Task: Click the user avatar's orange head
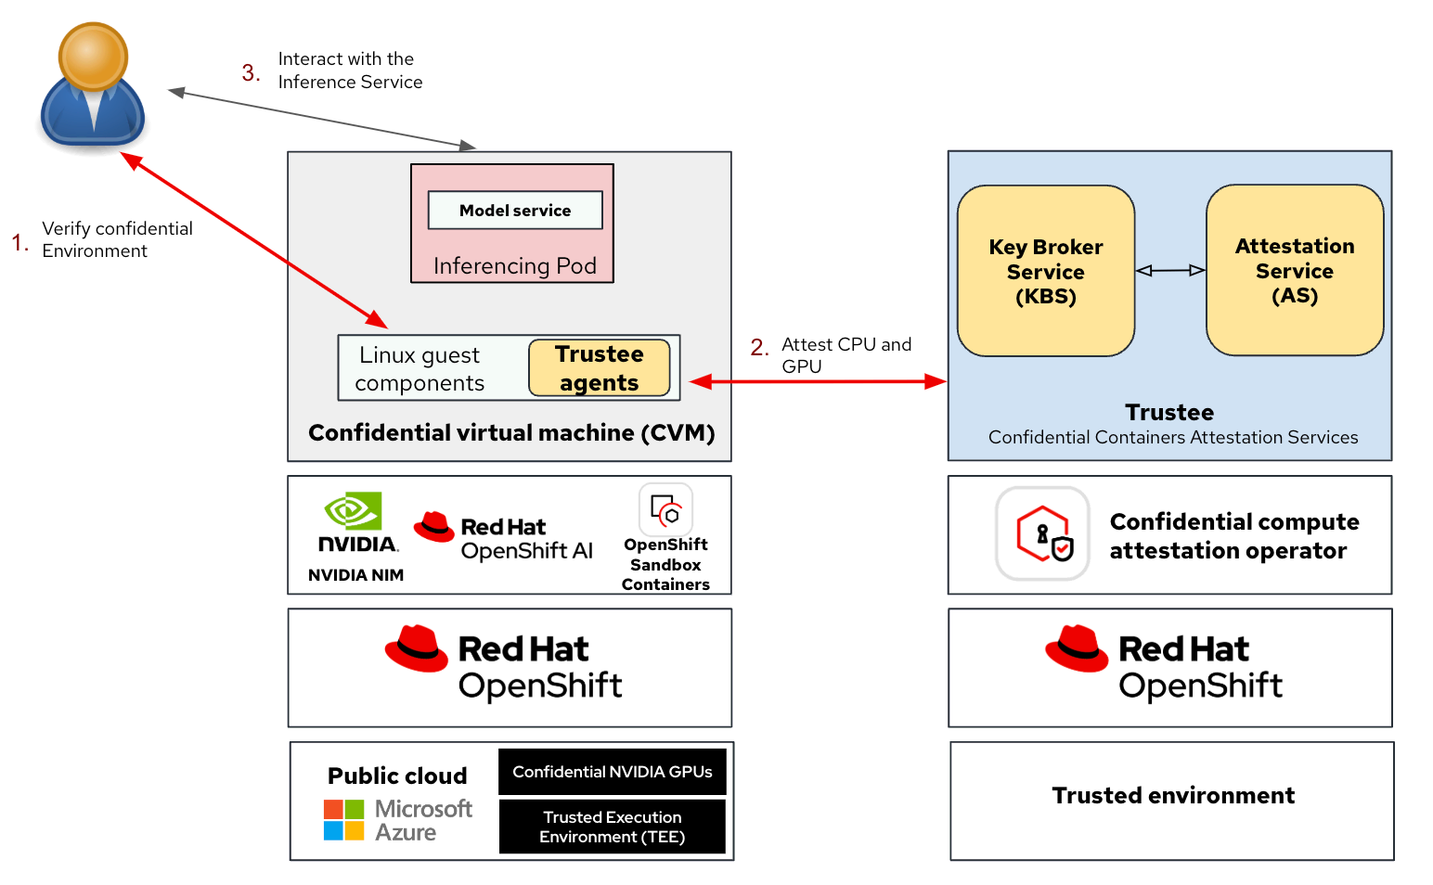coord(93,56)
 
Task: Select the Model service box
coord(515,211)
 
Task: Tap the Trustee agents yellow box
coord(600,368)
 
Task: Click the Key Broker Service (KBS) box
coord(1046,271)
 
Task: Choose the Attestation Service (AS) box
coord(1295,270)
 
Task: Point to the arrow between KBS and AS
coord(1170,270)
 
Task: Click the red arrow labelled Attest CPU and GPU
coord(817,381)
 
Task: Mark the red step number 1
coord(19,243)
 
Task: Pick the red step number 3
coord(251,72)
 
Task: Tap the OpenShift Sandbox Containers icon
coord(665,510)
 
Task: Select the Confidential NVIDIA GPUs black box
coord(613,772)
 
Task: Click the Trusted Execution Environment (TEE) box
coord(613,827)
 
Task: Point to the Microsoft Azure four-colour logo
coord(343,820)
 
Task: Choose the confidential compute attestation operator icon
coord(1042,533)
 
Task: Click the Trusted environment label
coord(1173,796)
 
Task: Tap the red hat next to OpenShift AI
coord(433,527)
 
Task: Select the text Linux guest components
coord(420,368)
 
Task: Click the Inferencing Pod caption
coord(514,266)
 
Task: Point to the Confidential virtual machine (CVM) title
coord(511,433)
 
